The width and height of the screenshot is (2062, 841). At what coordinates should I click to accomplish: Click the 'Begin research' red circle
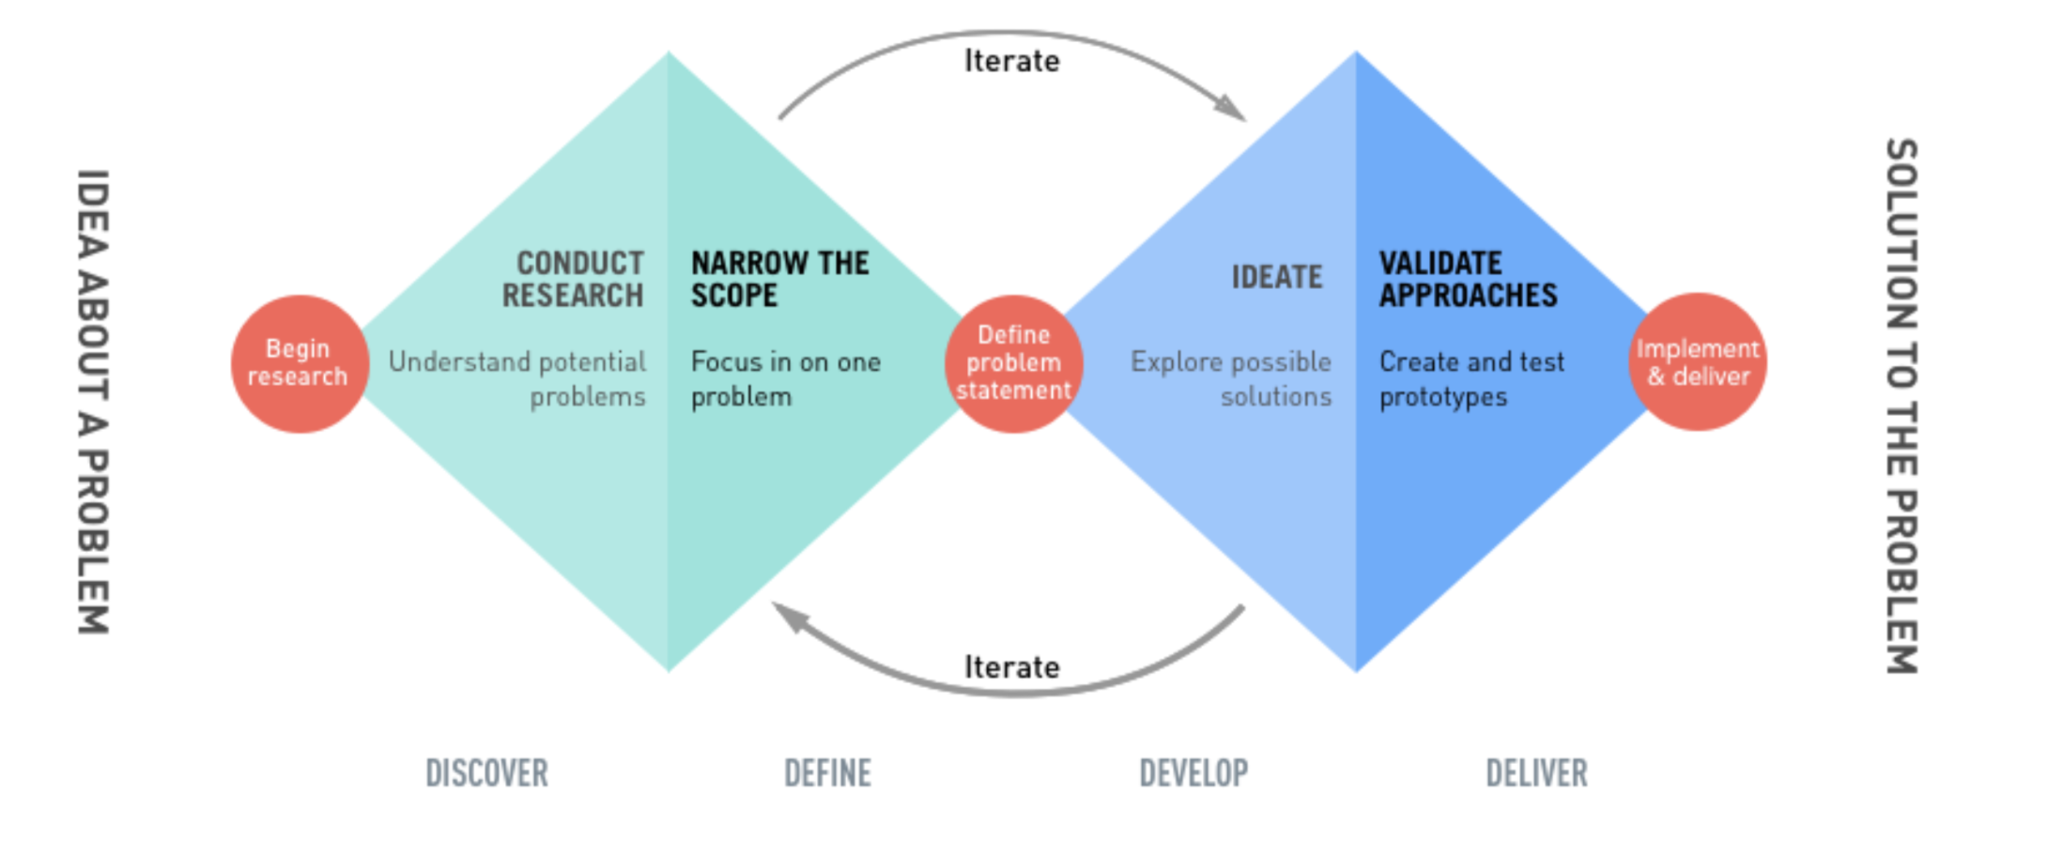tap(299, 363)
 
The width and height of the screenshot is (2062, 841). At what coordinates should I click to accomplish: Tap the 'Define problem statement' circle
tap(1014, 363)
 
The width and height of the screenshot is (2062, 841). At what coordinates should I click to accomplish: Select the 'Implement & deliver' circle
tap(1698, 362)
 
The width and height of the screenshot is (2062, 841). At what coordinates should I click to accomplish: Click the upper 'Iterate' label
tap(1011, 61)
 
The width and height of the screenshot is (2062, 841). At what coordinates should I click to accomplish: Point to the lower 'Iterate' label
tap(1011, 667)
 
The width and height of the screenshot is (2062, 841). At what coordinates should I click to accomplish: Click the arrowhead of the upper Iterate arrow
tap(1231, 108)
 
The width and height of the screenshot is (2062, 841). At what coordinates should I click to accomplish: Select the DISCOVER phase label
tap(486, 773)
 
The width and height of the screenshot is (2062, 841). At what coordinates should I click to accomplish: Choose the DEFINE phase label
tap(827, 773)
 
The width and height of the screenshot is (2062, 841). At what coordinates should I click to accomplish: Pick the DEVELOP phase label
tap(1193, 773)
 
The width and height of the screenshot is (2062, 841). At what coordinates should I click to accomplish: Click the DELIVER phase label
tap(1536, 773)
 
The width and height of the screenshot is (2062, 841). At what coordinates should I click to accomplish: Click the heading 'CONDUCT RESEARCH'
tap(574, 279)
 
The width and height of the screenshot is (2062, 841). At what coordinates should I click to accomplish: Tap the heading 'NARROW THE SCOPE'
tap(779, 279)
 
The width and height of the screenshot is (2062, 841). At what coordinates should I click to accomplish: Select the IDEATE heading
tap(1276, 277)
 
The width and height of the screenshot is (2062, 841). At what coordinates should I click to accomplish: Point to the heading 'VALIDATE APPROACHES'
tap(1468, 279)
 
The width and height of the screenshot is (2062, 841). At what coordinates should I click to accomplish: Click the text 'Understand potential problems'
tap(518, 379)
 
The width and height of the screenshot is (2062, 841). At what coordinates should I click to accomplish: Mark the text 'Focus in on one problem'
tap(785, 379)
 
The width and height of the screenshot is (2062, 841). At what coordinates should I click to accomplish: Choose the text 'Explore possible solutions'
tap(1231, 379)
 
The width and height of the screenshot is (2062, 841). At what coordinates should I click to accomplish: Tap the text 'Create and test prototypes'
tap(1471, 379)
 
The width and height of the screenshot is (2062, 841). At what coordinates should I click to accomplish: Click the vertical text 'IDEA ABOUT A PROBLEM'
tap(93, 402)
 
